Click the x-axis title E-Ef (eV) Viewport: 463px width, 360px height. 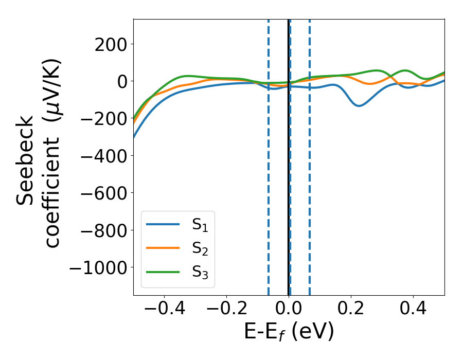289,332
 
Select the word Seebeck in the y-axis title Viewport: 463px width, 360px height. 26,160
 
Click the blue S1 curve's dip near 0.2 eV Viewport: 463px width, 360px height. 359,105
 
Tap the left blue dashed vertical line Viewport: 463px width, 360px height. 269,180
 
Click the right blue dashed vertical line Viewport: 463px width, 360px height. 310,180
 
